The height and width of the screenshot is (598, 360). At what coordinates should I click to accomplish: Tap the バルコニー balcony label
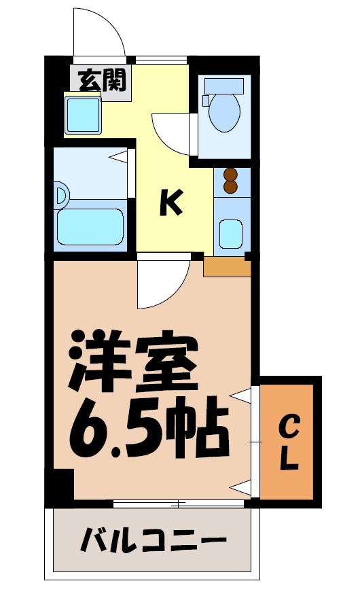pos(154,542)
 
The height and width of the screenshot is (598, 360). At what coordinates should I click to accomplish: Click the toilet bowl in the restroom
pos(224,112)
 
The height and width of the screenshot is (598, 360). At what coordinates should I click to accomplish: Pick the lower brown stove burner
pos(231,186)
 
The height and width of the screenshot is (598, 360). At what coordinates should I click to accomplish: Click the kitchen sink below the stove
pos(232,234)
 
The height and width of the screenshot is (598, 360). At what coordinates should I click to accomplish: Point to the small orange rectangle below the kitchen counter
pos(227,266)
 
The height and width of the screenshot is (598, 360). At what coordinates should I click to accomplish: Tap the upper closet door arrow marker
pos(241,395)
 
